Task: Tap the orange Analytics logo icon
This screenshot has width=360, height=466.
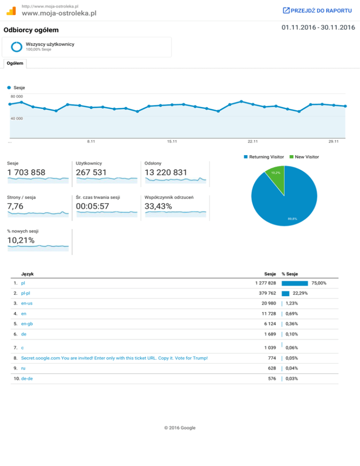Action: click(15, 10)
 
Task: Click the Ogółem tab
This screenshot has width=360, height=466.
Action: click(15, 63)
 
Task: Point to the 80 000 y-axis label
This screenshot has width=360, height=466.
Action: click(16, 97)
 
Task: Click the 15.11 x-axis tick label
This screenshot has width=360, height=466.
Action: click(172, 141)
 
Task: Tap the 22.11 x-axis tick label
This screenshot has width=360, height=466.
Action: click(253, 141)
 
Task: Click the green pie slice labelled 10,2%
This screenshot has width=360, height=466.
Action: click(276, 175)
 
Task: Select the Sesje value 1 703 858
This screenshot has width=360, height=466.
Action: click(26, 173)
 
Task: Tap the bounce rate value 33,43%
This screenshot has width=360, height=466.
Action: click(158, 206)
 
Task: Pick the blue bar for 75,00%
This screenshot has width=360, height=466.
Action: click(294, 283)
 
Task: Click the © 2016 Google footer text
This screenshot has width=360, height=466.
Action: click(180, 428)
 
